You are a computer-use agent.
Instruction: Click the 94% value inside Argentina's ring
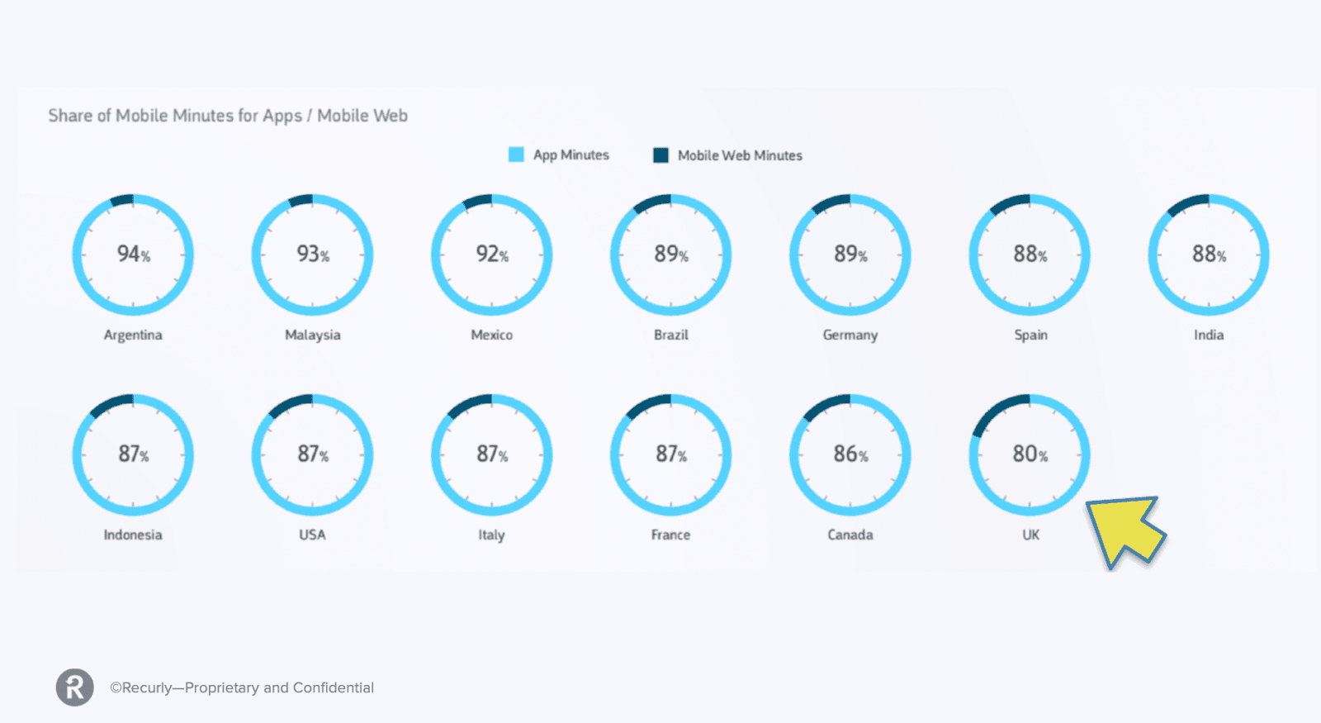tap(133, 254)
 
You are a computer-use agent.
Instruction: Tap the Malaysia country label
tap(312, 335)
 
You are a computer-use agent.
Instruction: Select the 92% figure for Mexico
tap(491, 254)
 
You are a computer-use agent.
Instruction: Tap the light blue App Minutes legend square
tap(516, 155)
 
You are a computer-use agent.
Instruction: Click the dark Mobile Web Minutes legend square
tap(660, 155)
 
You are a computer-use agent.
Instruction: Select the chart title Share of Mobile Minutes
tap(228, 116)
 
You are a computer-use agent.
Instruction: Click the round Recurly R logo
tap(75, 687)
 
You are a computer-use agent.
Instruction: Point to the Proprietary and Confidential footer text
tap(242, 687)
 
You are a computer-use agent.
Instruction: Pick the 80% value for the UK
tap(1030, 454)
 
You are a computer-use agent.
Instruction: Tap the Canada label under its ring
tap(850, 535)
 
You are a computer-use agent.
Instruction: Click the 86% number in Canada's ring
tap(850, 454)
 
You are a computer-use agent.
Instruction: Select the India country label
tap(1208, 335)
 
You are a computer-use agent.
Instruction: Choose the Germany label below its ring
tap(850, 335)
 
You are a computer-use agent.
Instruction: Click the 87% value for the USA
tap(312, 454)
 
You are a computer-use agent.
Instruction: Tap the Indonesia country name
tap(133, 535)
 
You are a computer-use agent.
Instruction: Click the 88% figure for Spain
tap(1030, 254)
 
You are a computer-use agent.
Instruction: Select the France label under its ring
tap(670, 535)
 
